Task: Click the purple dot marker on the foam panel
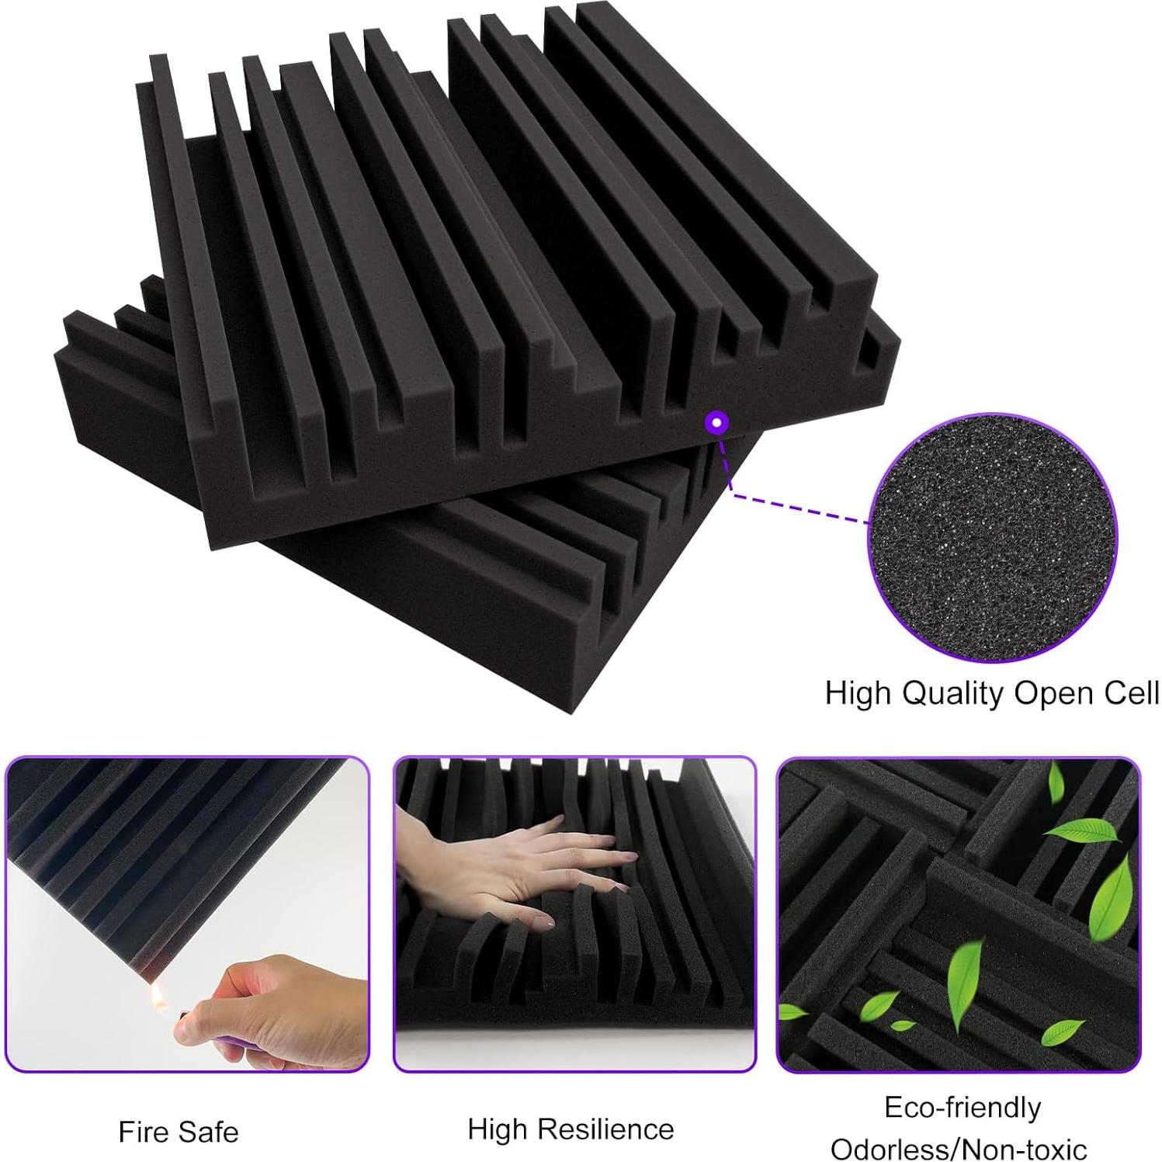717,422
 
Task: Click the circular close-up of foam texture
992,537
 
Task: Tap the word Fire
143,1132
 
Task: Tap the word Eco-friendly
963,1108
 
